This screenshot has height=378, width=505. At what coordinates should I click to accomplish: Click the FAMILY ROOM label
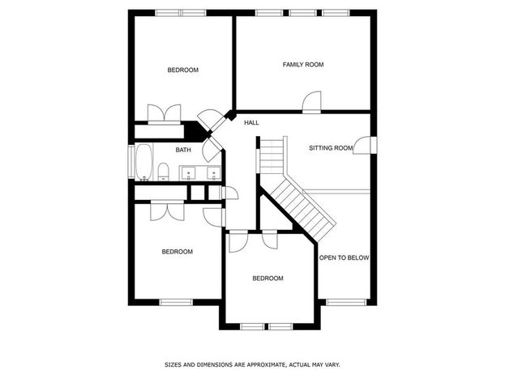point(303,65)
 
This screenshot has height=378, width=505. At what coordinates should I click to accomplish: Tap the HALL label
point(251,122)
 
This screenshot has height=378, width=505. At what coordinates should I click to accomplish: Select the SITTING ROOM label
point(331,148)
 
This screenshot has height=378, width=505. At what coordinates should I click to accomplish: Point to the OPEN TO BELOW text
point(344,257)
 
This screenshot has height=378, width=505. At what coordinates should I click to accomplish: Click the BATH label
point(183,150)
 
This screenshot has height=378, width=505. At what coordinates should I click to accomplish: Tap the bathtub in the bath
point(143,162)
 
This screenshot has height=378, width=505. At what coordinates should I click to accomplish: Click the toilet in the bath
point(163,172)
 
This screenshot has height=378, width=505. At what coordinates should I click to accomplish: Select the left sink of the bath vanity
point(188,173)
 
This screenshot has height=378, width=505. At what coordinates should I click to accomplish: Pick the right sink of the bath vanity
point(213,173)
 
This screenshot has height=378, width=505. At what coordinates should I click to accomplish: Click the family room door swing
point(312,102)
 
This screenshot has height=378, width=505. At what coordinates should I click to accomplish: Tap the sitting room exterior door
point(365,146)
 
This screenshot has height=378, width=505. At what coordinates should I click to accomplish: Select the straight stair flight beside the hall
point(272,156)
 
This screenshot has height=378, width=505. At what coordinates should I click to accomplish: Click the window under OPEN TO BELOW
point(346,303)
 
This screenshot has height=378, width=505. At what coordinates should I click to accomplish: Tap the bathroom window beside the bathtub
point(131,162)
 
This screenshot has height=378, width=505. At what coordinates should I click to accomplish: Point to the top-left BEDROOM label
point(183,70)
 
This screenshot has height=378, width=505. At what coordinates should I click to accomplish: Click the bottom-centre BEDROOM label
point(268,278)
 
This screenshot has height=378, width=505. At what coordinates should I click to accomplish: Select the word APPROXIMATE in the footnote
point(266,365)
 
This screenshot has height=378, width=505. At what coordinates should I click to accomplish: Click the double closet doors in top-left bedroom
point(165,114)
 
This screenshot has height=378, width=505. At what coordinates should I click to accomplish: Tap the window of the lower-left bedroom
point(176,303)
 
